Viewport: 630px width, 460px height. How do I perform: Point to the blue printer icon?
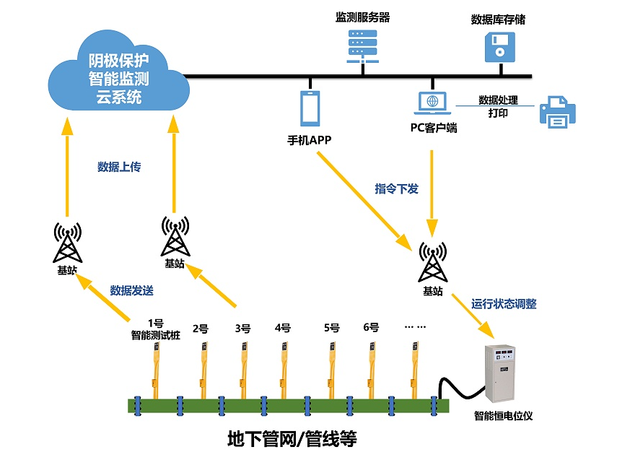558,112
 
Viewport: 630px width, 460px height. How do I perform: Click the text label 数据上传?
119,167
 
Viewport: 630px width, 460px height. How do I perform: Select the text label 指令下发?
396,188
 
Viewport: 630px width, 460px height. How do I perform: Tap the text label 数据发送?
131,291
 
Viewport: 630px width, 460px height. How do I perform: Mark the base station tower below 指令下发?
432,261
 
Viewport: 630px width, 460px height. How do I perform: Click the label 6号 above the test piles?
371,327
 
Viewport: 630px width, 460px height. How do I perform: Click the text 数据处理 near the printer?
498,100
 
